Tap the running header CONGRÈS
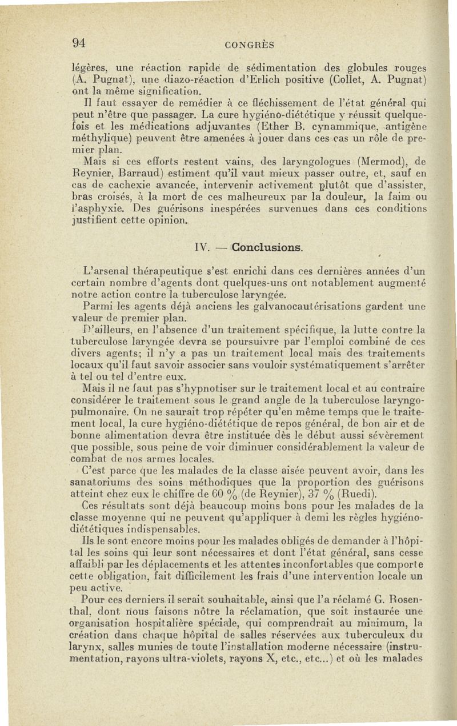click(x=249, y=45)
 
